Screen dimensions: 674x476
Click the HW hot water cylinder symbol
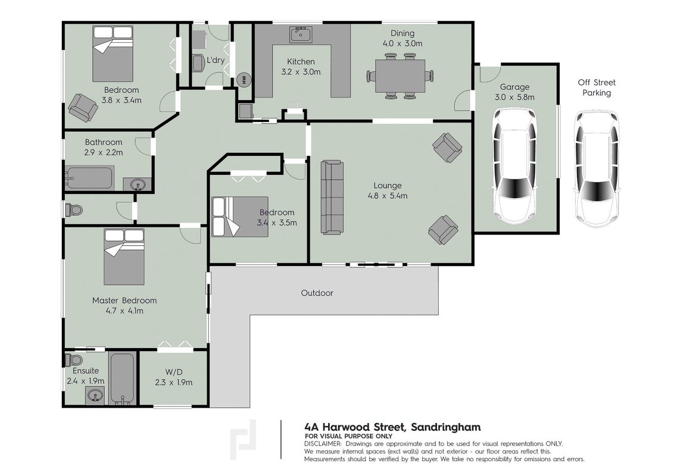(244, 80)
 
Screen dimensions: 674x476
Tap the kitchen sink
(301, 35)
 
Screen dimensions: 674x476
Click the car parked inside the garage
(514, 165)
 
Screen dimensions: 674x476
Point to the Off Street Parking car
(597, 168)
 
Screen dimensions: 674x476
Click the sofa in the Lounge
(332, 197)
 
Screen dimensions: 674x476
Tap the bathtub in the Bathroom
(89, 178)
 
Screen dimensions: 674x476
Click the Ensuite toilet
(74, 359)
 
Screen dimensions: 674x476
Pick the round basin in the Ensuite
(95, 394)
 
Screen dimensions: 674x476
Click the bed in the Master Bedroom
(124, 256)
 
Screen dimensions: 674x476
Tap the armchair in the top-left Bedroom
(83, 107)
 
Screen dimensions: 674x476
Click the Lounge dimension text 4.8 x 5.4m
(388, 196)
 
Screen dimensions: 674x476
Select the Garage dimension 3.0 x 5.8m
(514, 98)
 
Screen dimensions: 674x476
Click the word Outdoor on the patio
(317, 293)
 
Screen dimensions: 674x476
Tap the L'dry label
(216, 60)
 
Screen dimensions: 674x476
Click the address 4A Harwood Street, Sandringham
(392, 427)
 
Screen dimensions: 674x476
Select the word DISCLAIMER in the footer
(323, 444)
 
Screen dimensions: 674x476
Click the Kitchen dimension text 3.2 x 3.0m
(301, 72)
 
